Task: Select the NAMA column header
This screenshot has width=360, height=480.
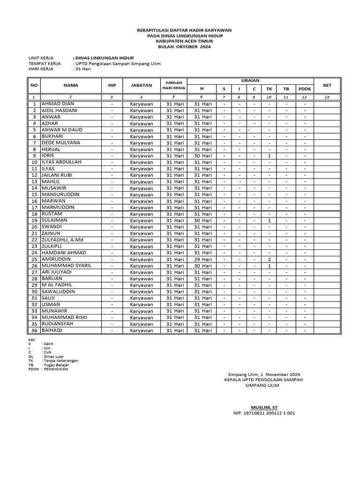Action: click(x=71, y=85)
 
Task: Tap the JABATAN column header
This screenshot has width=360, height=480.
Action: click(x=141, y=85)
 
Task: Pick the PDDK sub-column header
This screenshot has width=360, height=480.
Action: click(x=304, y=89)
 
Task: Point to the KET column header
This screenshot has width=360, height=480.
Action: click(x=327, y=85)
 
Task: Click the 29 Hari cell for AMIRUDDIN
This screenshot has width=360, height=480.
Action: click(x=202, y=259)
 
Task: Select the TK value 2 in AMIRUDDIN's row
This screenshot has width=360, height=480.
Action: click(x=269, y=259)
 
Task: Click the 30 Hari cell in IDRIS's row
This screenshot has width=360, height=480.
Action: click(x=202, y=156)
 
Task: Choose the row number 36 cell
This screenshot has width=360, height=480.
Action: click(x=34, y=330)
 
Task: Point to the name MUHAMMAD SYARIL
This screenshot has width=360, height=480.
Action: click(x=66, y=265)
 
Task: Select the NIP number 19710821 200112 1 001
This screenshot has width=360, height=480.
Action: click(x=264, y=413)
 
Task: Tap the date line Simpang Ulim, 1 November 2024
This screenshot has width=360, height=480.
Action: click(x=264, y=375)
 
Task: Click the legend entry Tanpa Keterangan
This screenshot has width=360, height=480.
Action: click(x=60, y=360)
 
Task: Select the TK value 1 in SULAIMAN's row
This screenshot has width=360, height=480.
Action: click(x=269, y=220)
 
